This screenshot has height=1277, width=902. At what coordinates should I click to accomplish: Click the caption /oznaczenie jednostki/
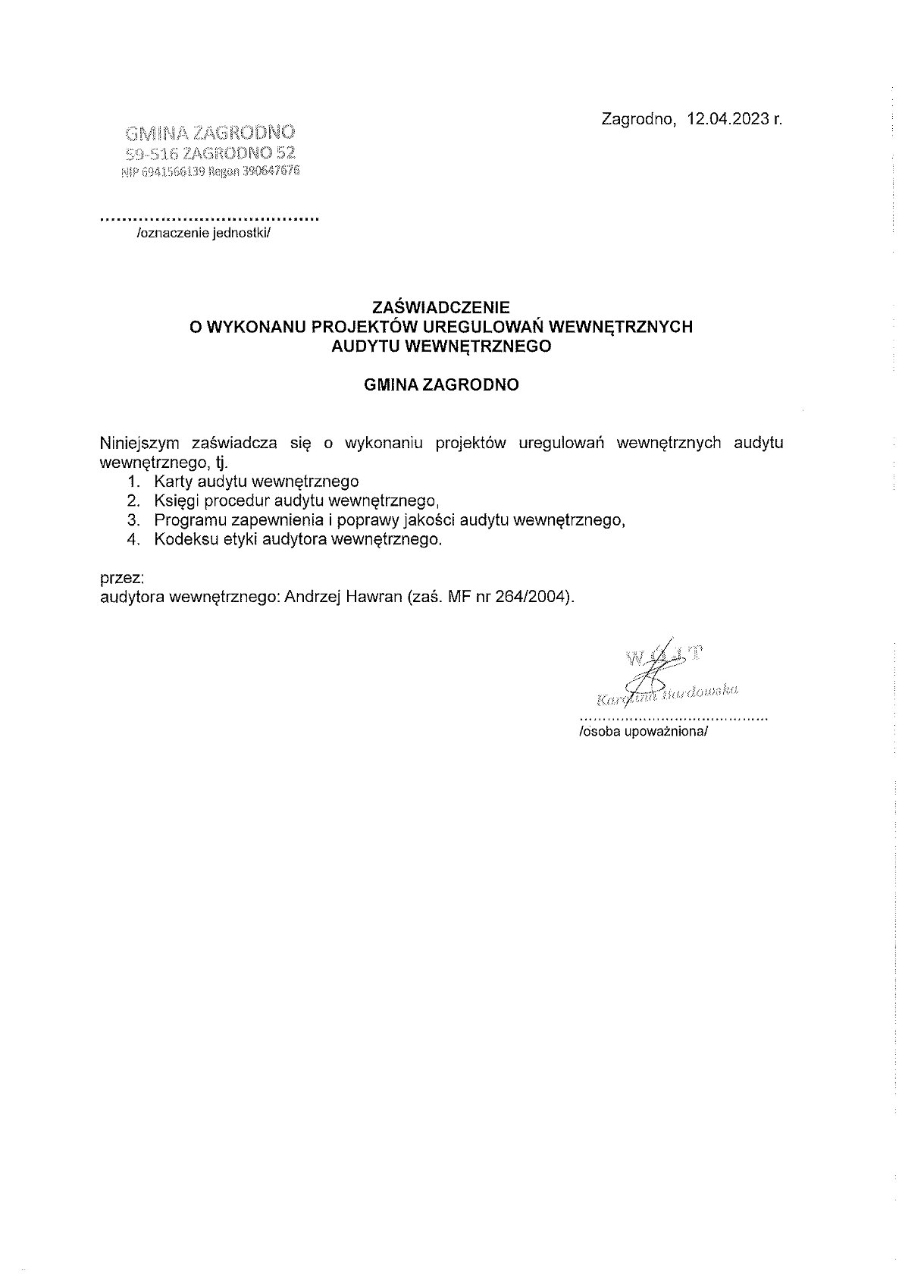click(203, 234)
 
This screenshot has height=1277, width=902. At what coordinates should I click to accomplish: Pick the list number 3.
click(134, 520)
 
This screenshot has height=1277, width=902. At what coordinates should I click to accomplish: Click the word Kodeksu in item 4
click(182, 540)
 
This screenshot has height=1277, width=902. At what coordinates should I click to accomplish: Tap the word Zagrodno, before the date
click(637, 119)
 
